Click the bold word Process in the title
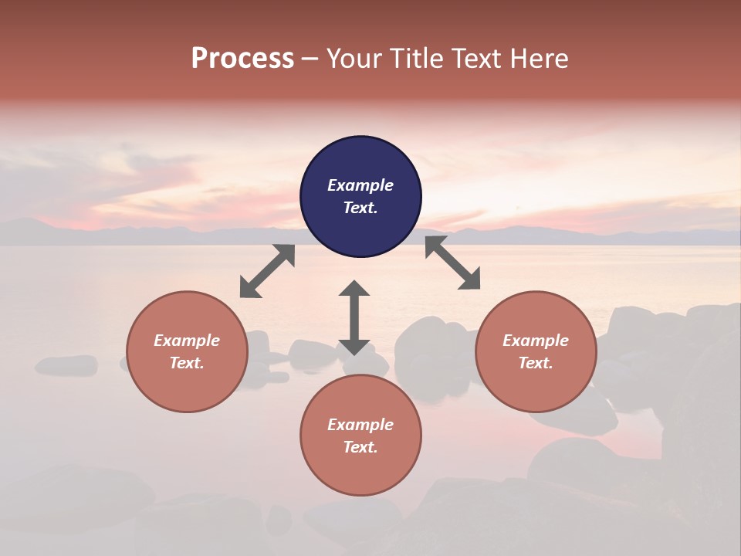pos(242,59)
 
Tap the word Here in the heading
pos(540,59)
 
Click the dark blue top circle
pos(360,197)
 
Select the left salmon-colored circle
pos(187,351)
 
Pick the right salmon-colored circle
pos(536,351)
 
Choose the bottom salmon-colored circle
pos(360,436)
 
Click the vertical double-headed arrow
pos(354,317)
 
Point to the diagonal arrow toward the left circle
pos(267,271)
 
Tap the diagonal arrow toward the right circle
pos(452,263)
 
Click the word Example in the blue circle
pos(360,185)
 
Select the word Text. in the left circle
pos(187,363)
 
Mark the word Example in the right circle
pos(536,341)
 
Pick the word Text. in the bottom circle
pos(360,447)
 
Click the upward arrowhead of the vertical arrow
pos(354,289)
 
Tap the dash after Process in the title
pos(310,59)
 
